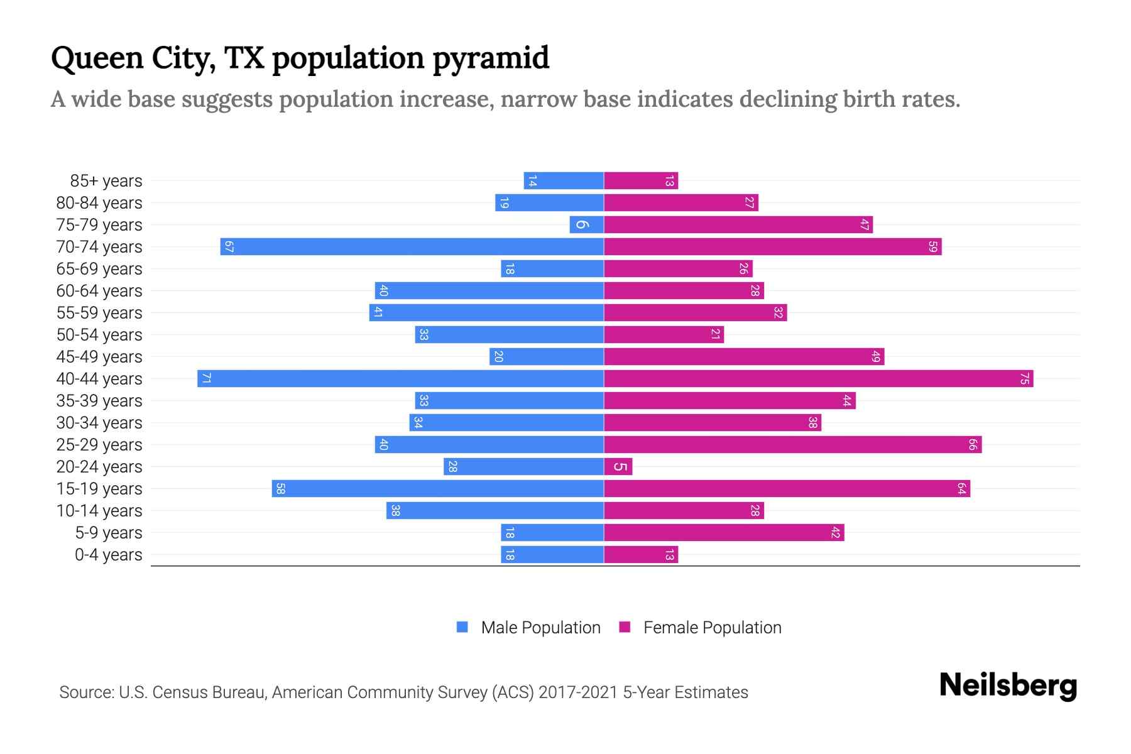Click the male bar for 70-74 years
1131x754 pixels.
[412, 247]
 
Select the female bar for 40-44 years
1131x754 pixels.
[818, 379]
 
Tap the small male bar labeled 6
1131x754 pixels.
[586, 225]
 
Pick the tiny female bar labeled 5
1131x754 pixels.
[618, 467]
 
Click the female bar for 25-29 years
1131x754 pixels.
[792, 445]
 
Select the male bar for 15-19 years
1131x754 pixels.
[437, 489]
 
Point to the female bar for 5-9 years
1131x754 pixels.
[724, 533]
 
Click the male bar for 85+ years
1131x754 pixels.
[564, 181]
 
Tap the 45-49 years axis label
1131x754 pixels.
[99, 357]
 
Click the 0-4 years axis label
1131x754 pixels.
[108, 555]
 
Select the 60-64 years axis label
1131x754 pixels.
[99, 291]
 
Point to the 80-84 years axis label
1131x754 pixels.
[99, 203]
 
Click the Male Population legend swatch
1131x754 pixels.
[462, 627]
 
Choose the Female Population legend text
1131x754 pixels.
[712, 627]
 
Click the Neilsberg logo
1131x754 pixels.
[1008, 686]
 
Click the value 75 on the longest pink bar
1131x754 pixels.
[1024, 379]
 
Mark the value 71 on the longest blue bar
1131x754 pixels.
[206, 379]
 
